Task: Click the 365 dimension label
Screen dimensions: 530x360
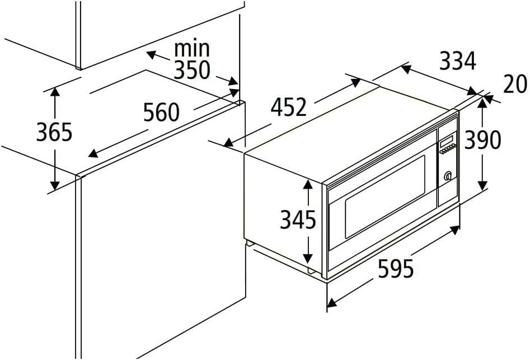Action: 54,132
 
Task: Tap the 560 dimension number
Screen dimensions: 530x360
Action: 161,113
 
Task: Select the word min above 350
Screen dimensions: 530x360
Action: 192,49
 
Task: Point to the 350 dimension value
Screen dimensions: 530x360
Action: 192,71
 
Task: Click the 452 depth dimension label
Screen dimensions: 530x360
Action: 289,107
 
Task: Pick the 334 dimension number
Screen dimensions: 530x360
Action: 458,61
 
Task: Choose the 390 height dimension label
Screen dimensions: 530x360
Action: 482,140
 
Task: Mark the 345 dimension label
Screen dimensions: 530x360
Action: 298,219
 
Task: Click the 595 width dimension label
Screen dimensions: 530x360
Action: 396,269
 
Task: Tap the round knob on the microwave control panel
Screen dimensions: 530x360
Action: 448,176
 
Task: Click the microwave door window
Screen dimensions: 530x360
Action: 384,197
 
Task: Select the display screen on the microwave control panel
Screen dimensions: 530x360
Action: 446,139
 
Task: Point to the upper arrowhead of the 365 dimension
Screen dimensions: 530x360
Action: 55,91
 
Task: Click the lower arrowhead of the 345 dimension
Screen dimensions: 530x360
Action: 308,259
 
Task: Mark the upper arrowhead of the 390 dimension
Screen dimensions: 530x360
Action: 482,102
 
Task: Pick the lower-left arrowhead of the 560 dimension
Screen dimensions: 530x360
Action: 92,154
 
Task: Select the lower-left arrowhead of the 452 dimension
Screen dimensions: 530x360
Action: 228,143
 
